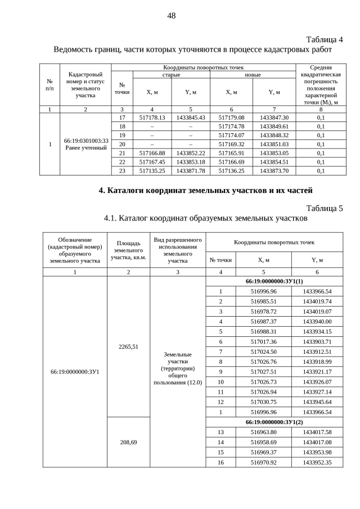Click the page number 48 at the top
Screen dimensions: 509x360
(x=172, y=16)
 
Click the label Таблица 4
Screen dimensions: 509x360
(x=324, y=39)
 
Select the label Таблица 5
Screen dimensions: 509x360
(x=324, y=209)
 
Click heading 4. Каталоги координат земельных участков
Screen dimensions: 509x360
(x=205, y=190)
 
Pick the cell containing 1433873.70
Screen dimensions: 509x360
(x=274, y=170)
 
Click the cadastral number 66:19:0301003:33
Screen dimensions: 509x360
(x=86, y=141)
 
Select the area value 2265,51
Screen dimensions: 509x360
(x=128, y=346)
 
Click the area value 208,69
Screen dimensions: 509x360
(x=128, y=442)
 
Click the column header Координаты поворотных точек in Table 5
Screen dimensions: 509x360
(x=274, y=242)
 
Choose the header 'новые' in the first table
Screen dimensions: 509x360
(x=245, y=74)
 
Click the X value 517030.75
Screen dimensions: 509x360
(x=263, y=402)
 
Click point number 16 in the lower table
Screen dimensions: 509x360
(x=220, y=462)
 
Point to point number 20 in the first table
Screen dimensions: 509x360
(x=122, y=143)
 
